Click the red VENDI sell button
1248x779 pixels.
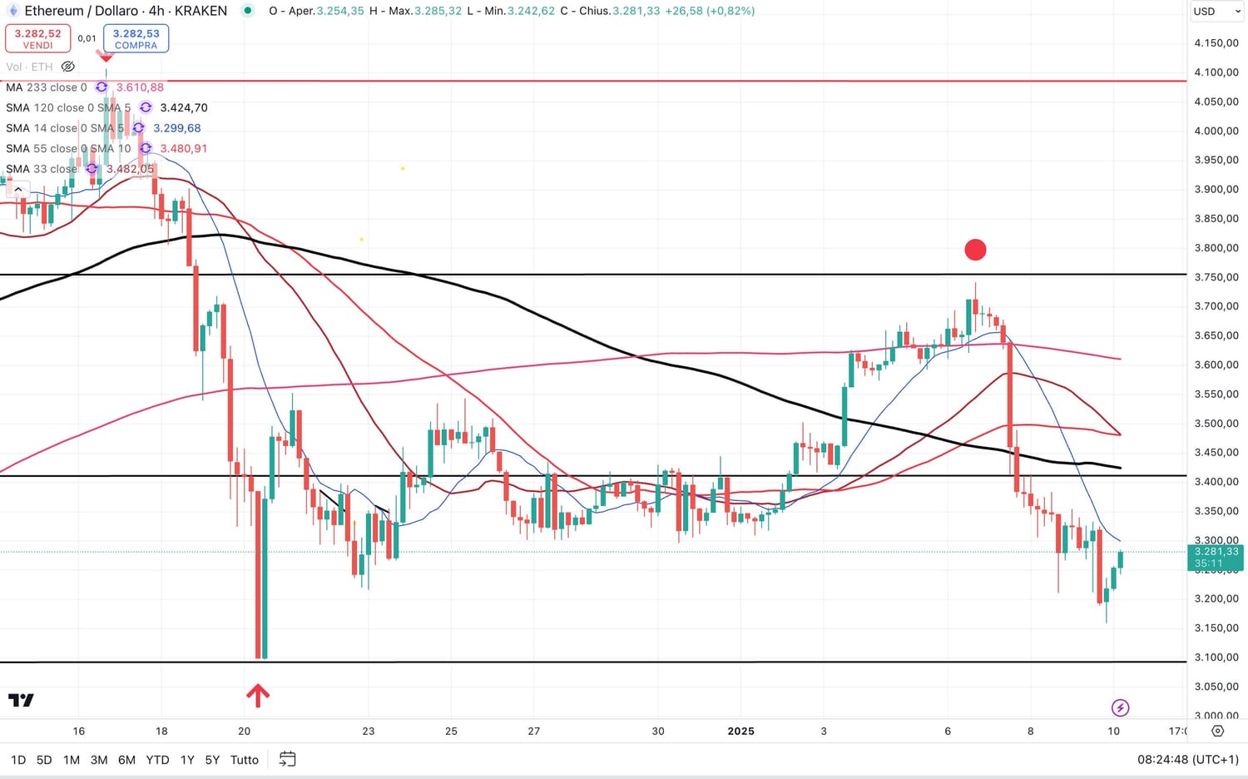38,38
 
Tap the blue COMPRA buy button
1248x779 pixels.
136,38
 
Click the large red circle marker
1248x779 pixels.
975,250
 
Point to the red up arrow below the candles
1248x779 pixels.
258,695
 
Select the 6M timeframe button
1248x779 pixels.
126,760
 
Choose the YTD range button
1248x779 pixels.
157,760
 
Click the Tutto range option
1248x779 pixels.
245,760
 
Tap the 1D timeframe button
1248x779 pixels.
18,760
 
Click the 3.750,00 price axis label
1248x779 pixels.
1216,277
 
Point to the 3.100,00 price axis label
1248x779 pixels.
1216,657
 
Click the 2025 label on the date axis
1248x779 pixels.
740,732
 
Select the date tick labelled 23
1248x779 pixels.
369,732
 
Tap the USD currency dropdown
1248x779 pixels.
1214,12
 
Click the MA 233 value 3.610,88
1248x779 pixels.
140,87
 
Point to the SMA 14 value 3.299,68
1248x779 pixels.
177,128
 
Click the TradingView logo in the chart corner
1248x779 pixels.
21,700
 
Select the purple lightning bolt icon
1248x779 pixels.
1120,707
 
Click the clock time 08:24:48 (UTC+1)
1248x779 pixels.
1187,760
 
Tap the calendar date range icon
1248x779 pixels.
287,759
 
